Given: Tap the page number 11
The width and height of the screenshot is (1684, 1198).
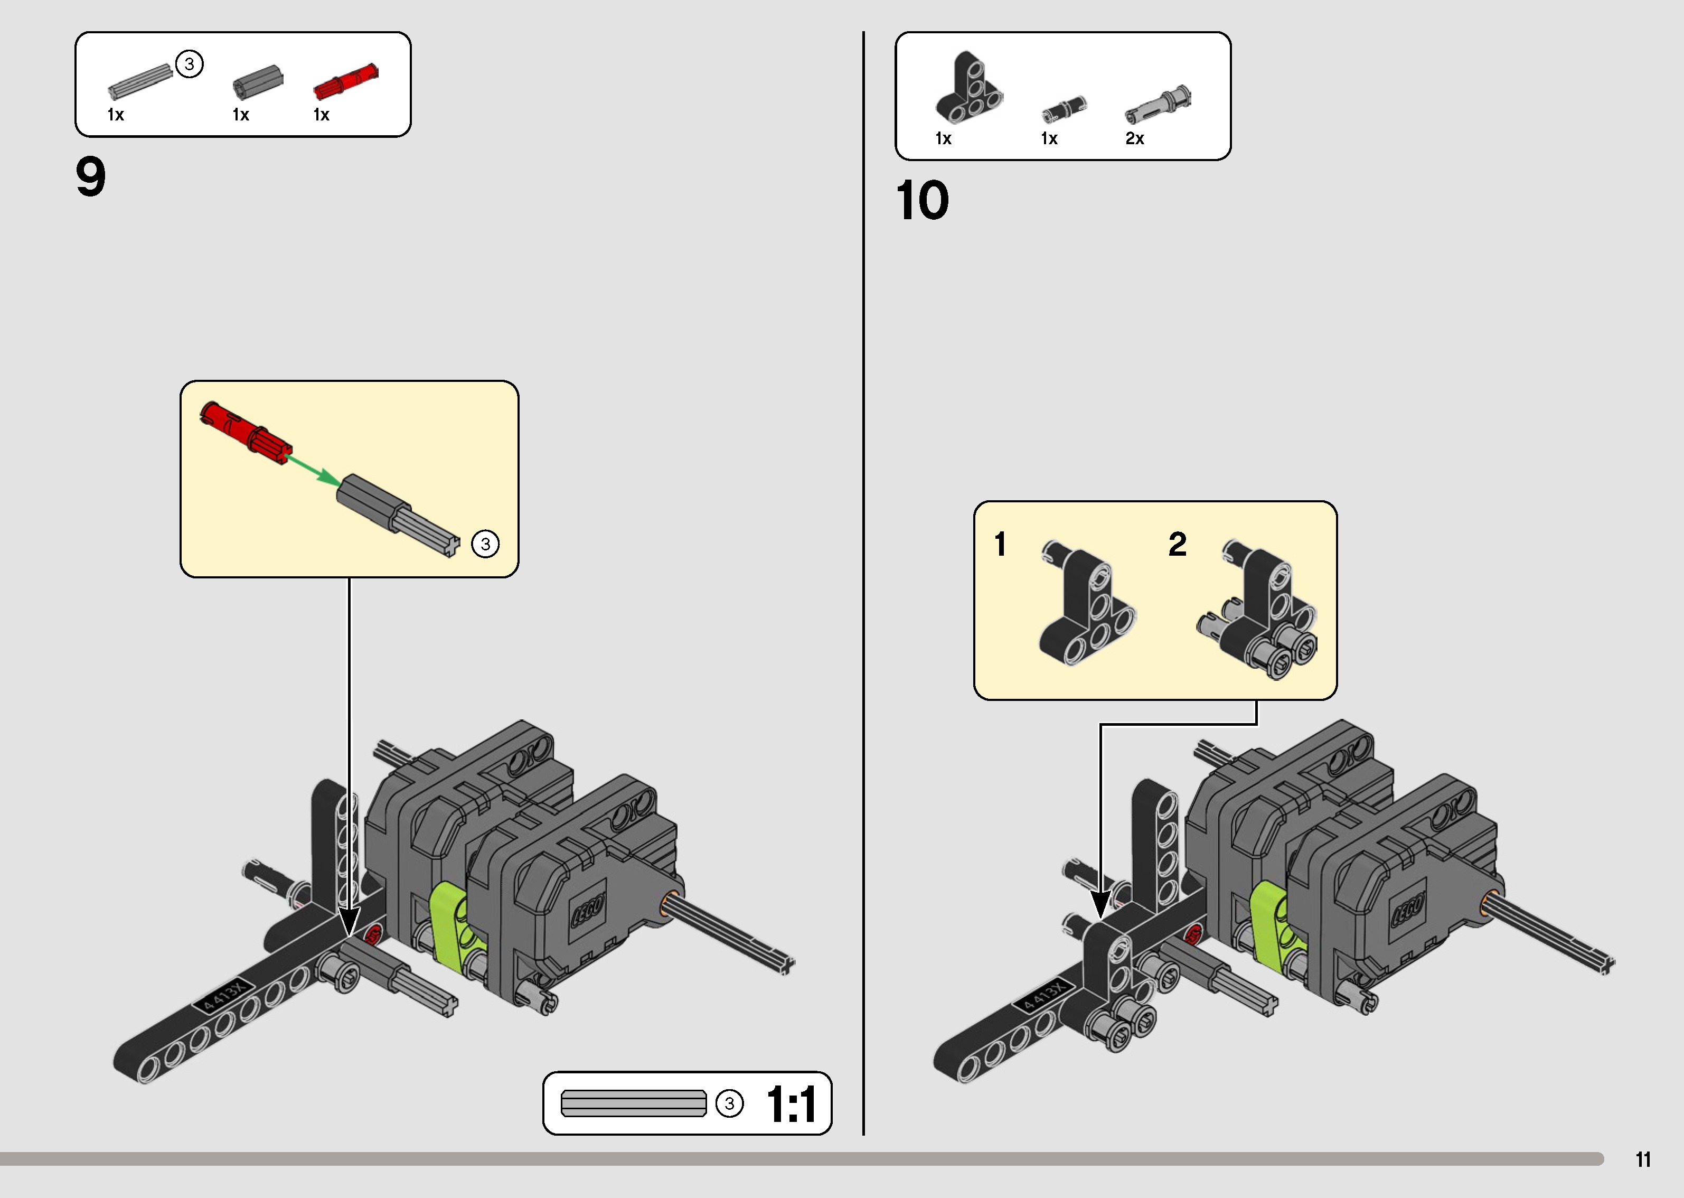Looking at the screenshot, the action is [1643, 1159].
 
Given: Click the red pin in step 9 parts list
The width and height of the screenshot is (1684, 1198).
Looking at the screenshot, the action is [346, 82].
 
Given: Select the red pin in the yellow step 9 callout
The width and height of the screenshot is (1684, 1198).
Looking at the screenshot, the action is [246, 432].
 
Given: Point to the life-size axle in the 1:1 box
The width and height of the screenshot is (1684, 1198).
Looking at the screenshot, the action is [633, 1103].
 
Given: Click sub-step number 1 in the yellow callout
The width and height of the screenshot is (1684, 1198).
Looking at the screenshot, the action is [1000, 545].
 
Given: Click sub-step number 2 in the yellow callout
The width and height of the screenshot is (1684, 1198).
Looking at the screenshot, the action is [1178, 545].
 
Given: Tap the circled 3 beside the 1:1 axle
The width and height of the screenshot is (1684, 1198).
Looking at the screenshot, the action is [729, 1103].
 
